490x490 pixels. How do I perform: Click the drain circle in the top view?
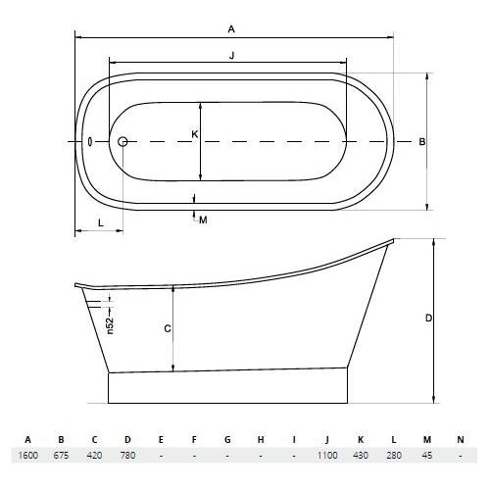point(122,142)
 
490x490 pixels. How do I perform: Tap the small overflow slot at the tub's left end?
point(90,142)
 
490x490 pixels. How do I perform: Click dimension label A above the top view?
point(231,29)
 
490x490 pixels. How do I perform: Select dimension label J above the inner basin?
point(232,55)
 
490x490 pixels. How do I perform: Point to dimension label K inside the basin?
point(195,134)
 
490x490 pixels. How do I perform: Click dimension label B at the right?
point(422,142)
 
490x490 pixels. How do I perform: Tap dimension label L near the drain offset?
point(101,223)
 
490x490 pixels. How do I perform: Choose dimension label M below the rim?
point(203,220)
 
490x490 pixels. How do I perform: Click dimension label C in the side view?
point(168,328)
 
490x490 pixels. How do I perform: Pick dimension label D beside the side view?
point(429,318)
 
